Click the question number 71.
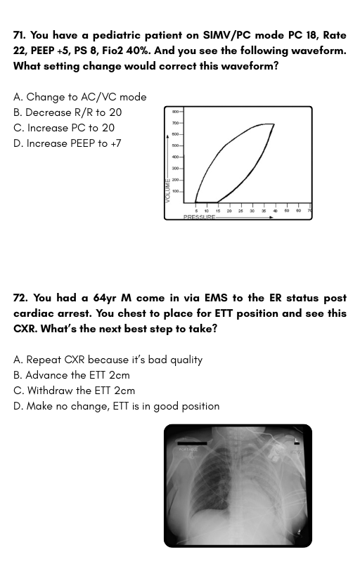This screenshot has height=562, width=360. click(x=19, y=35)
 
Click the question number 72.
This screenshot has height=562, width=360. click(x=20, y=298)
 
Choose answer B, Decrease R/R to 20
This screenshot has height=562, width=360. click(x=67, y=112)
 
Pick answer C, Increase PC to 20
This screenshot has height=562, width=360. click(x=64, y=128)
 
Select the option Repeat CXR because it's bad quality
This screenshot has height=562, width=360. click(x=108, y=360)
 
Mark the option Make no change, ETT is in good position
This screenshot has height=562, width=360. click(x=117, y=406)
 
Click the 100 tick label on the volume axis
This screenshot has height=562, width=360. click(x=175, y=191)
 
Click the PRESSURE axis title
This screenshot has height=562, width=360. click(x=199, y=218)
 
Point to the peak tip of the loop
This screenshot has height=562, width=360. click(x=273, y=125)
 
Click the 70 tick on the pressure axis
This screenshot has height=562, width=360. click(x=309, y=210)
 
